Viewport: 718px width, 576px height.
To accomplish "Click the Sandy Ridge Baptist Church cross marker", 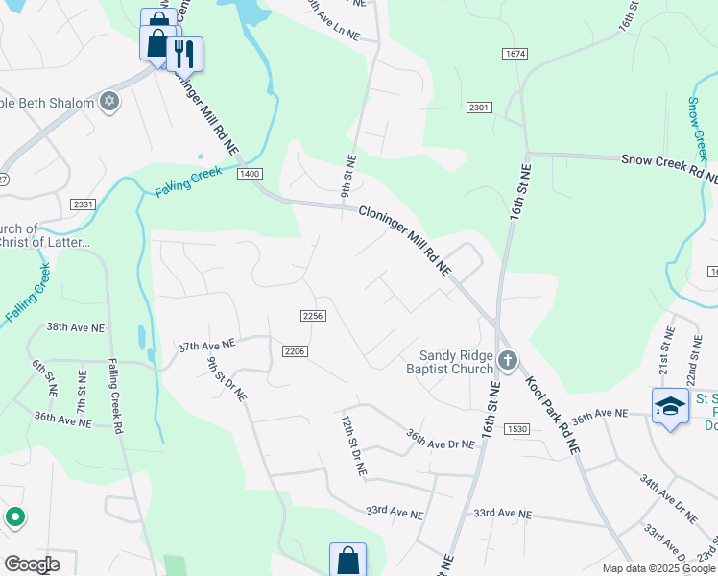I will (508, 362).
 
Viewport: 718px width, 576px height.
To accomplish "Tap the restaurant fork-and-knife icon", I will (184, 54).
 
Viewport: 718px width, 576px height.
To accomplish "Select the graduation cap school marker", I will (670, 404).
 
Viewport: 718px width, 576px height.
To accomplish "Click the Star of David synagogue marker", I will (109, 102).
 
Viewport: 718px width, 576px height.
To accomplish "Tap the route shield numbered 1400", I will (250, 173).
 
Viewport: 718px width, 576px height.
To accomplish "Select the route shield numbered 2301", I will (479, 108).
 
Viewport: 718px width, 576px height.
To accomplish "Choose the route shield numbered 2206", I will (295, 351).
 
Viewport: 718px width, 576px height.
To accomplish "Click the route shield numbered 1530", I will (516, 428).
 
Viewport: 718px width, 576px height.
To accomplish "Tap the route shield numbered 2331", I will (83, 204).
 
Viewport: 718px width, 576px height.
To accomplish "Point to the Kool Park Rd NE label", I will (553, 413).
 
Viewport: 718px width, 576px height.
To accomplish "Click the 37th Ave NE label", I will (206, 345).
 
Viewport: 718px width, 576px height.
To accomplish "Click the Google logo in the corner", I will (32, 564).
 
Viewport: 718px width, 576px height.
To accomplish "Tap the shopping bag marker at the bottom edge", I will (347, 561).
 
